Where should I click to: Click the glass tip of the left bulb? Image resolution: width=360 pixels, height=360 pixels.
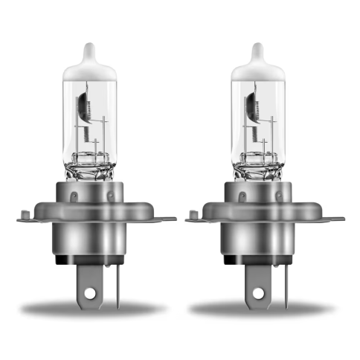coord(90,53)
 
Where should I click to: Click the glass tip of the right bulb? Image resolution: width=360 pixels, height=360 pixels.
coord(258,53)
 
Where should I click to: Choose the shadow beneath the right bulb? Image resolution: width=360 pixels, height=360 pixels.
coord(263,306)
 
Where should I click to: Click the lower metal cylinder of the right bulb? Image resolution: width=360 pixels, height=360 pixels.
coord(263,242)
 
